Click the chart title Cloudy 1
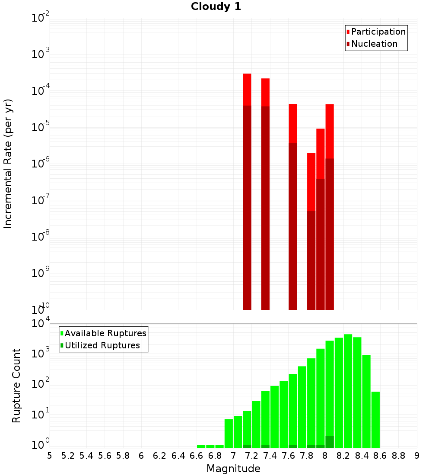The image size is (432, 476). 216,7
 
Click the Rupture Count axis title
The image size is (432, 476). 16,386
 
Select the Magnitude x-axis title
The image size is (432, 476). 233,468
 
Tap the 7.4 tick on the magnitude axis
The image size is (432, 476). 270,456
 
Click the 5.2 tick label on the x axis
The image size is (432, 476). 68,456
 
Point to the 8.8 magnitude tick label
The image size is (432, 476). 398,456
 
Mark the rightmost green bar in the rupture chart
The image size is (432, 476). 375,420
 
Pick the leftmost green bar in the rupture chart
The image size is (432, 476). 201,446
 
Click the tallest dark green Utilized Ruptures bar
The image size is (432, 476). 330,442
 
